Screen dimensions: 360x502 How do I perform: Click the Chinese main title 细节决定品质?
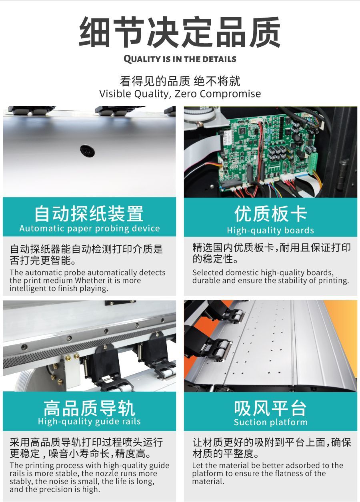pyautogui.click(x=180, y=32)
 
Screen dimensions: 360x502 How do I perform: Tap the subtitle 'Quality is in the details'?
pyautogui.click(x=180, y=59)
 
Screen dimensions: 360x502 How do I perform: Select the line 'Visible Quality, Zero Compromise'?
pyautogui.click(x=180, y=94)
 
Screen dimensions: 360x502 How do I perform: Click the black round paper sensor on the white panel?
pyautogui.click(x=88, y=151)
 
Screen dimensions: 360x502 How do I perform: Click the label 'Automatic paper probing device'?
pyautogui.click(x=90, y=229)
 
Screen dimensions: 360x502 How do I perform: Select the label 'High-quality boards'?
pyautogui.click(x=270, y=230)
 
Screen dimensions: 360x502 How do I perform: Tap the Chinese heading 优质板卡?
pyautogui.click(x=270, y=214)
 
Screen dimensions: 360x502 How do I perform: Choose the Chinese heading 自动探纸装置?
pyautogui.click(x=89, y=213)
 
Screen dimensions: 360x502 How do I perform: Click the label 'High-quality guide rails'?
pyautogui.click(x=89, y=421)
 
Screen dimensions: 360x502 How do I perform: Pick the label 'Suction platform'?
pyautogui.click(x=270, y=422)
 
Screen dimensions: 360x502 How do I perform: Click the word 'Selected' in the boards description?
pyautogui.click(x=208, y=273)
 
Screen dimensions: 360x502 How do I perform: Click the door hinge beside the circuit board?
pyautogui.click(x=344, y=173)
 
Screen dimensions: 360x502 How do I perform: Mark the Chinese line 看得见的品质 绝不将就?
pyautogui.click(x=180, y=81)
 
